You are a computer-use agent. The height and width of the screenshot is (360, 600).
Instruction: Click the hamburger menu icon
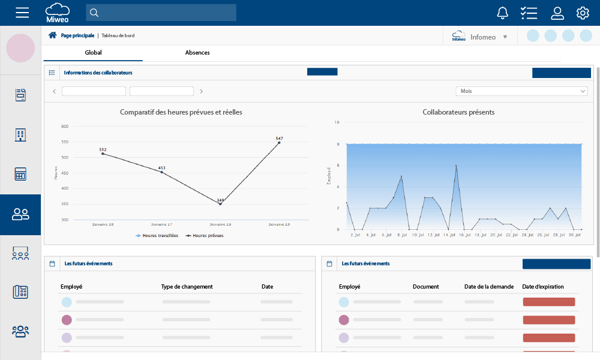[22, 13]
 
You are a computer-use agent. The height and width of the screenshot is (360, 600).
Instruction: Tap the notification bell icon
[503, 13]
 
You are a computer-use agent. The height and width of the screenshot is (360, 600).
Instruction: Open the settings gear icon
[583, 13]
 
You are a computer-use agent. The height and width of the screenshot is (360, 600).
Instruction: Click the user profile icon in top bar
[557, 13]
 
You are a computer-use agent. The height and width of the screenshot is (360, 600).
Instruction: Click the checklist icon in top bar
[529, 13]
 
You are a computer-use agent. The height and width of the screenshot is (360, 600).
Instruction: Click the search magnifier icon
[94, 13]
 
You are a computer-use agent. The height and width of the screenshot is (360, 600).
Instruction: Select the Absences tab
[197, 53]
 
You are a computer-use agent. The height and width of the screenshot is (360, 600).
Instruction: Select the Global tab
[93, 53]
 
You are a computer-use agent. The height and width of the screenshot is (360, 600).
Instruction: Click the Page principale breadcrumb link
[77, 35]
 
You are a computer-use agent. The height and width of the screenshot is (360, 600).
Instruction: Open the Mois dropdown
[521, 91]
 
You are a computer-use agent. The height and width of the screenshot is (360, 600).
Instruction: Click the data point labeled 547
[279, 143]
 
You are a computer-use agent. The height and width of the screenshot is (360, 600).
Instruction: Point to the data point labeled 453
[161, 172]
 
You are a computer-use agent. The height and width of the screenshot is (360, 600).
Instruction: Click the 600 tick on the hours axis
[65, 127]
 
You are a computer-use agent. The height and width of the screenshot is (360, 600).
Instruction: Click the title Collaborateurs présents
[458, 112]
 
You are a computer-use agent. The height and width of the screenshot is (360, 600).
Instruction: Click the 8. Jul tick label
[403, 235]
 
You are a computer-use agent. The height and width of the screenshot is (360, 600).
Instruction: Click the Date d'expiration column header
[542, 287]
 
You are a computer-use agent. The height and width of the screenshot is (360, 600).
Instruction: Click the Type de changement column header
[187, 287]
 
